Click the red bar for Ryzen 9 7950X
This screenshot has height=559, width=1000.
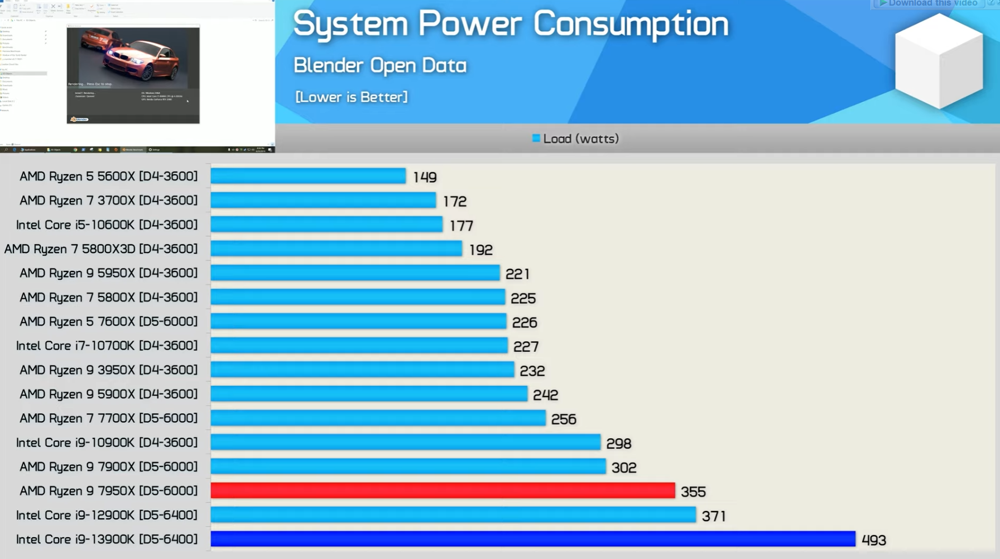443,490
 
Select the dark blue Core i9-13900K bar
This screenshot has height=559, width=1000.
533,539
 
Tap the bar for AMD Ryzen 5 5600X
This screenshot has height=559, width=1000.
308,176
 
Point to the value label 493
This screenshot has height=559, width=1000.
874,540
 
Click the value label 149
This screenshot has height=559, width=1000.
425,177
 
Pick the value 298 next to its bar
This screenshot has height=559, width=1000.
619,443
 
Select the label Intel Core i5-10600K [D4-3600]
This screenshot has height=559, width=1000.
107,224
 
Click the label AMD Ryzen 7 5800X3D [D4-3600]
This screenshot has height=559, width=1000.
101,249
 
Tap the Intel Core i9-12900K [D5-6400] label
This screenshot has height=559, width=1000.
107,515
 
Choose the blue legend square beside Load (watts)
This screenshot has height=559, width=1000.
536,138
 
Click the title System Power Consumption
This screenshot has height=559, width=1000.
511,25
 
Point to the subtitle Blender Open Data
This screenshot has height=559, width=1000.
380,65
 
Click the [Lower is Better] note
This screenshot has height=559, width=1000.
352,97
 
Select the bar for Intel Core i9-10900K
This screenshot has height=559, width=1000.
405,442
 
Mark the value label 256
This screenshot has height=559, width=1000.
564,419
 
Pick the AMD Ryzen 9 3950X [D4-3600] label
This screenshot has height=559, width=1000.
109,370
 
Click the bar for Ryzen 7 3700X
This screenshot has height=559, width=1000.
323,200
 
